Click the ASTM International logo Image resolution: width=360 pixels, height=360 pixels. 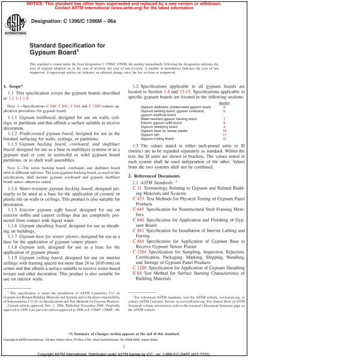(x=13, y=25)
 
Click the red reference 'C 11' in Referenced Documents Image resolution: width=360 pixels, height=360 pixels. (x=136, y=171)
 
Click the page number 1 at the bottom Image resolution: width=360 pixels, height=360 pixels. (x=122, y=346)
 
